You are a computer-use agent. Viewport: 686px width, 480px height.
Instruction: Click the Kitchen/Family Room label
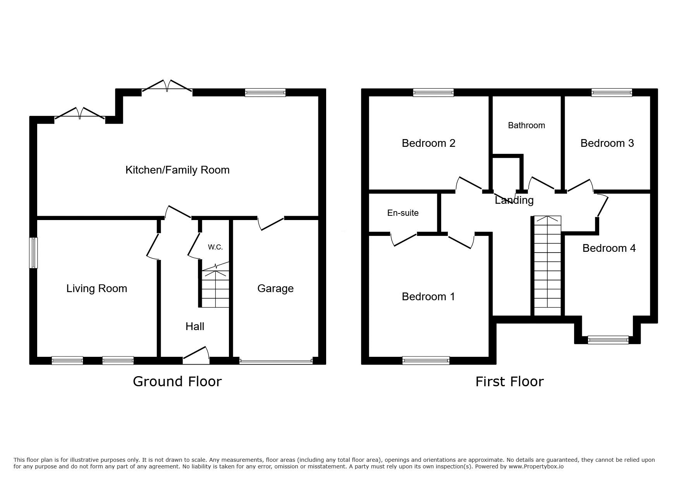click(177, 170)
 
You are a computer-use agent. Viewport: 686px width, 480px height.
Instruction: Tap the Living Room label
click(96, 289)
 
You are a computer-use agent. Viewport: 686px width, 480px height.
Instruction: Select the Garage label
click(275, 289)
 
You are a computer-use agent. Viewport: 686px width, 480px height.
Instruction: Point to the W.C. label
click(215, 247)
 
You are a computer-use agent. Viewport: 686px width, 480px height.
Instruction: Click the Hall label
click(195, 327)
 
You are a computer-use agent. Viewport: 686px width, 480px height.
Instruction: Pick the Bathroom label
click(526, 126)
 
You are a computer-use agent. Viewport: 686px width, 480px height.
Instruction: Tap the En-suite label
click(403, 213)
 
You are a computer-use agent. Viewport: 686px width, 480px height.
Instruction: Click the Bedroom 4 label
click(609, 248)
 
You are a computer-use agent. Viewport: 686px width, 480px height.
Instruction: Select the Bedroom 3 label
click(607, 143)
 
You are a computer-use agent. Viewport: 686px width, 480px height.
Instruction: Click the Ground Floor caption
click(177, 382)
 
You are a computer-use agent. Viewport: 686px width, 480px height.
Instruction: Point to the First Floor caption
click(509, 382)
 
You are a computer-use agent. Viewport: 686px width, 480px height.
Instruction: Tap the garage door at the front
click(276, 361)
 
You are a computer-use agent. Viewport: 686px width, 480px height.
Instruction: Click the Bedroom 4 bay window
click(608, 340)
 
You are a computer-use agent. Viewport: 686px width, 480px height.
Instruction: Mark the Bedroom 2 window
click(433, 93)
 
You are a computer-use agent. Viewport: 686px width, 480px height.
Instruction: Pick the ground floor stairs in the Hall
click(215, 286)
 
